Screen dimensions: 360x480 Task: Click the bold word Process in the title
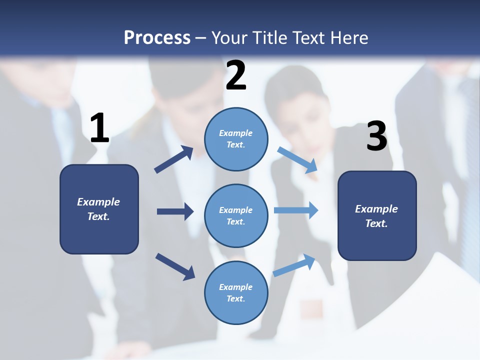[157, 37]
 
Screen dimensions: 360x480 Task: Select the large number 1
[99, 128]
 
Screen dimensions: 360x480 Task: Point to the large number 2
[236, 75]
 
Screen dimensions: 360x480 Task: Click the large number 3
[376, 136]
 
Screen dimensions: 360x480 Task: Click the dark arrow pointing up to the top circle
[174, 160]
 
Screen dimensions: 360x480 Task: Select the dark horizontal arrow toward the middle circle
[175, 211]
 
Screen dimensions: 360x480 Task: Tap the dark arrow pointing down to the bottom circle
[175, 266]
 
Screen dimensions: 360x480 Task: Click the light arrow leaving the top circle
[298, 160]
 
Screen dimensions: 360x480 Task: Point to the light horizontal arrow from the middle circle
[296, 210]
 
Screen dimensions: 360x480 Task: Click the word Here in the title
[348, 37]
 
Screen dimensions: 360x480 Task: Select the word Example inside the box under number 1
[98, 202]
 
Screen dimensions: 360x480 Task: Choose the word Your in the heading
[230, 37]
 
